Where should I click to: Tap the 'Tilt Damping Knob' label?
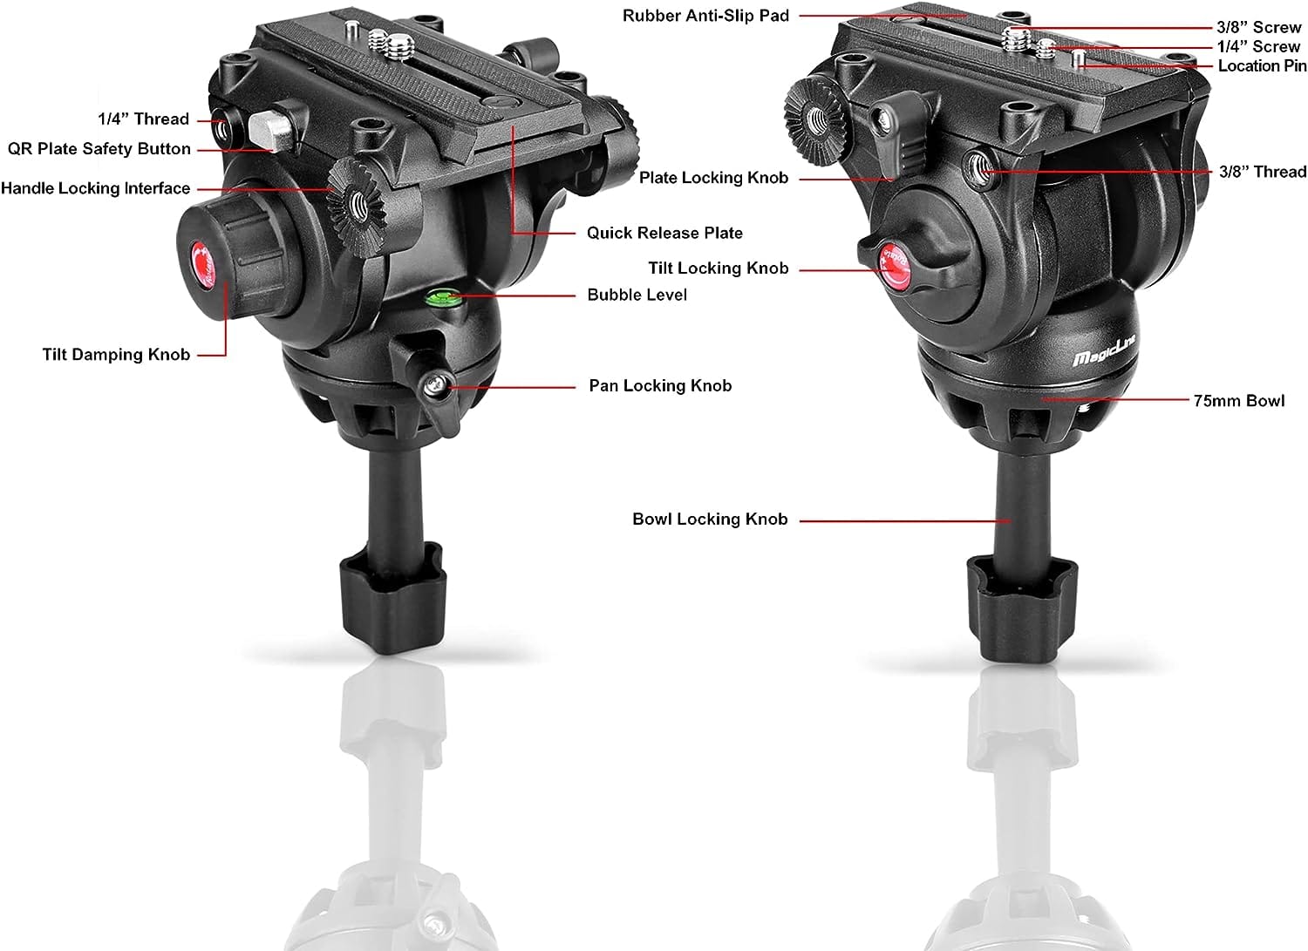116,354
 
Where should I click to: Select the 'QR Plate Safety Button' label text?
99,149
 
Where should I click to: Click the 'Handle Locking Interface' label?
95,188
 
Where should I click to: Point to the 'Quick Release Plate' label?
664,233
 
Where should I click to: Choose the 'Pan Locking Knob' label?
660,385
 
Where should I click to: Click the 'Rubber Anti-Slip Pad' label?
705,16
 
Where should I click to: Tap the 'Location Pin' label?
1262,66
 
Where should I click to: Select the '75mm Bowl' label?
1238,401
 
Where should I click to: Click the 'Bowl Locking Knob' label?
710,520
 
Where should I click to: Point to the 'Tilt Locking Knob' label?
718,268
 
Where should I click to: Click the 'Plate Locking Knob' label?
713,178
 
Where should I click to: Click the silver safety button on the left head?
268,130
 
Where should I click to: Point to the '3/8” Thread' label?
1263,172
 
